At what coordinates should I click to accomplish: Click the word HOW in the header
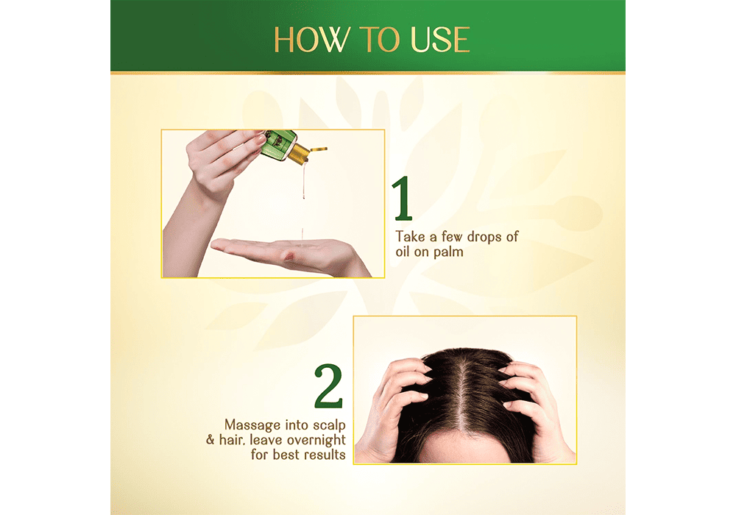tap(312, 40)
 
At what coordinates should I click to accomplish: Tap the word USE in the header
tap(440, 40)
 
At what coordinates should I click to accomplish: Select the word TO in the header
tap(380, 40)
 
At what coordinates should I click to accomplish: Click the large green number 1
tap(403, 198)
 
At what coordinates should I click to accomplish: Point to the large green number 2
tap(328, 386)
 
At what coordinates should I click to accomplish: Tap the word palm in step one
tap(448, 252)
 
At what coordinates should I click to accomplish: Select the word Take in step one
tap(410, 236)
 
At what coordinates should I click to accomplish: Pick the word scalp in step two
tap(329, 425)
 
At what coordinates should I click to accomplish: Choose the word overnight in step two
tap(316, 441)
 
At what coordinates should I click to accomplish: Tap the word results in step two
tap(323, 455)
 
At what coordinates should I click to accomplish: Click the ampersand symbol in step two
tap(210, 440)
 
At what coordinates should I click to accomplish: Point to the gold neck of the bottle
tap(300, 153)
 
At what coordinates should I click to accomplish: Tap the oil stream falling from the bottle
tap(304, 180)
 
